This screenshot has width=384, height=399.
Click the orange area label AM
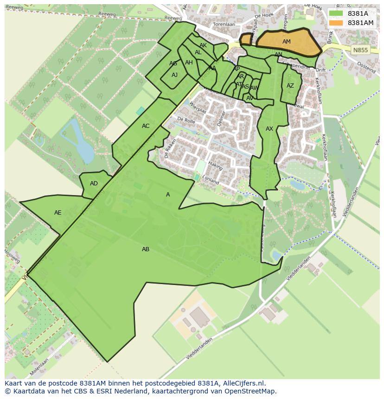point(287,42)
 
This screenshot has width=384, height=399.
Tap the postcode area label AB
point(146,249)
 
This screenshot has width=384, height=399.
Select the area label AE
point(58,213)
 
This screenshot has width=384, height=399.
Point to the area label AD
point(94,184)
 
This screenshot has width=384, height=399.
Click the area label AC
point(146,126)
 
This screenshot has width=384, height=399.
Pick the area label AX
point(269,129)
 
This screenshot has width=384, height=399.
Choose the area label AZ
point(290,86)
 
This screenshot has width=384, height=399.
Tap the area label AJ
point(174,75)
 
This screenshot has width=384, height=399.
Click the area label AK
point(203,45)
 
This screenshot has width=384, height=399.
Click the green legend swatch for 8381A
point(336,13)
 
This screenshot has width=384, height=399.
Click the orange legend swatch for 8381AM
point(336,23)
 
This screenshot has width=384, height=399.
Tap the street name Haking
point(216,165)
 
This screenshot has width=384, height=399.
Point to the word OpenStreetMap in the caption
point(250,391)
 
